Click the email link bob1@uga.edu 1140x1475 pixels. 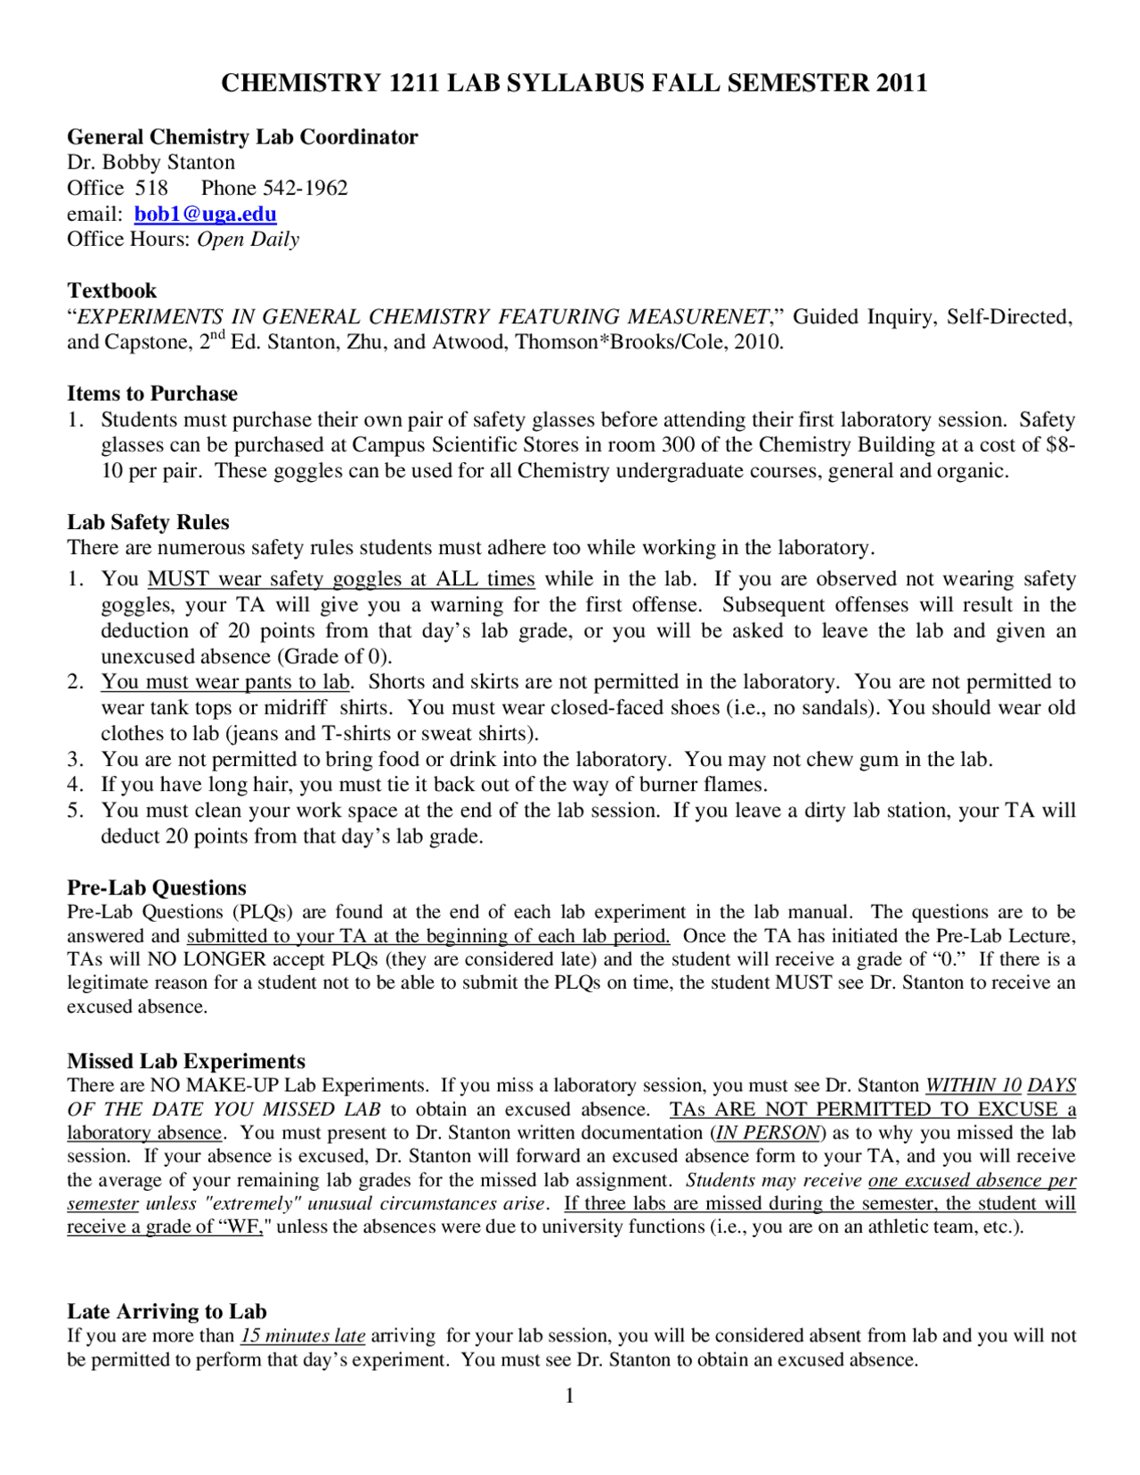click(205, 214)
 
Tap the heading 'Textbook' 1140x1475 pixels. click(111, 290)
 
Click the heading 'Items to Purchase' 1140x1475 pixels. click(152, 394)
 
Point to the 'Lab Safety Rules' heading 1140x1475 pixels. click(148, 522)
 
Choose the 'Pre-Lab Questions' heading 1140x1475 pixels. click(157, 887)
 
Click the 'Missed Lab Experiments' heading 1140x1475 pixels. click(186, 1061)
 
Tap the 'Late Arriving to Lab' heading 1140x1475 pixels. click(167, 1311)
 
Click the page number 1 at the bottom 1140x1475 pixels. click(570, 1396)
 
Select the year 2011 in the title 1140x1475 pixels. click(901, 83)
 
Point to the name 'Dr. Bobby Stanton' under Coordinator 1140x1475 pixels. click(151, 162)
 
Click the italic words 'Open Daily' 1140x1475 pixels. click(248, 239)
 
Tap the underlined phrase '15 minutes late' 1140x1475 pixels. click(303, 1335)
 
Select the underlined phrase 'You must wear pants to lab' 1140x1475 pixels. click(225, 681)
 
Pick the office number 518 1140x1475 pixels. click(151, 188)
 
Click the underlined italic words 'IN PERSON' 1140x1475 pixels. click(768, 1132)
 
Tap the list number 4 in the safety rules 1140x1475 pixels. click(75, 785)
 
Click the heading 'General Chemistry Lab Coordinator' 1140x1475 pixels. click(242, 136)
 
